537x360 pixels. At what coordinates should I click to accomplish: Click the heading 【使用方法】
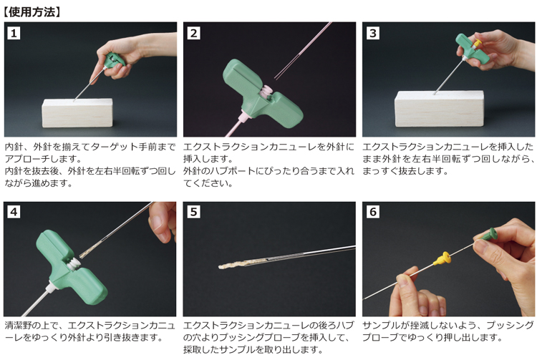click(x=32, y=12)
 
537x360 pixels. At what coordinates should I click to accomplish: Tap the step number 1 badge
click(x=14, y=33)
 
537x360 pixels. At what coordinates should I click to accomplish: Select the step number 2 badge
click(x=193, y=33)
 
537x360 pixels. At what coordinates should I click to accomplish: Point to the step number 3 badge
click(x=373, y=33)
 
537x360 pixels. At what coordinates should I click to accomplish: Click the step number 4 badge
click(x=14, y=212)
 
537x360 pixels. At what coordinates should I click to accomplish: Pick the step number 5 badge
click(x=193, y=212)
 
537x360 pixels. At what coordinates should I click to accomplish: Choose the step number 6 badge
click(x=373, y=212)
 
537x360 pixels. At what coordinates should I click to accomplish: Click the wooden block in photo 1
click(x=77, y=113)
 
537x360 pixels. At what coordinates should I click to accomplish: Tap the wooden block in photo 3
click(x=440, y=109)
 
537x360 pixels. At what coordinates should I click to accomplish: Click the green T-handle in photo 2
click(x=261, y=93)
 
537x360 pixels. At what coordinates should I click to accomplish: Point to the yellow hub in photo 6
click(x=441, y=258)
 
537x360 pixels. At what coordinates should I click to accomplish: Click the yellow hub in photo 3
click(x=477, y=43)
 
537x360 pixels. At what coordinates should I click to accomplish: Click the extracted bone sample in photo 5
click(x=240, y=263)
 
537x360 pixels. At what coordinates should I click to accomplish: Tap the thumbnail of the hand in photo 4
click(x=156, y=224)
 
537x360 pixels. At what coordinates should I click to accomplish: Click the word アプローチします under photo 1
click(x=43, y=159)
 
